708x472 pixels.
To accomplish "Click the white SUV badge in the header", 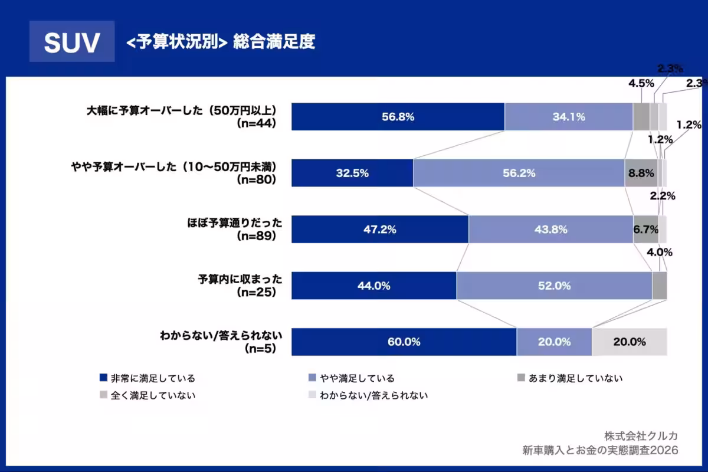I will [72, 42].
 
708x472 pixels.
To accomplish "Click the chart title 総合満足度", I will [274, 42].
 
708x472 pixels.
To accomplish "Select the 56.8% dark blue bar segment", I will [398, 117].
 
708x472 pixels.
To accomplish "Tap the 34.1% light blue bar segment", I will [569, 117].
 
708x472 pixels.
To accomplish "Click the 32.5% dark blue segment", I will [352, 173].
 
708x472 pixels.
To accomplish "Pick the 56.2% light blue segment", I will [519, 173].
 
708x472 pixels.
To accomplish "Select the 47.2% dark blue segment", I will [380, 230].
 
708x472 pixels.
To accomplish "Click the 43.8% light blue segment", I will [551, 230].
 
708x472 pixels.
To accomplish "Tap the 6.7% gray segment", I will [645, 230].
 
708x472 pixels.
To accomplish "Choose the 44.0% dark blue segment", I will [374, 286].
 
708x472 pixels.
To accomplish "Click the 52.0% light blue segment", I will [554, 286].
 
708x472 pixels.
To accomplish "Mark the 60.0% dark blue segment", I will [404, 342].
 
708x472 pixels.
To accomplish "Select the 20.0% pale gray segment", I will [629, 342].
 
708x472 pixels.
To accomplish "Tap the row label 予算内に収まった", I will [240, 280].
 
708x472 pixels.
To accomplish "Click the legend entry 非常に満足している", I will [153, 378].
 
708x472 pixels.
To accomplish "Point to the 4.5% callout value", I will [641, 83].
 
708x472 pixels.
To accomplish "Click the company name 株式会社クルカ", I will [641, 435].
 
